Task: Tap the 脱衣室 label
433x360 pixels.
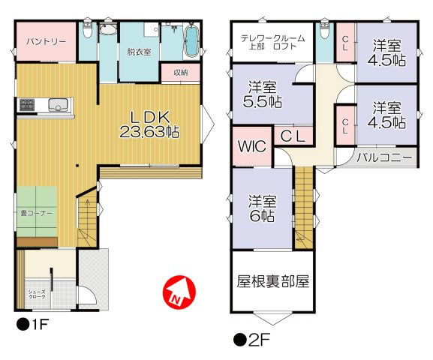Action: pyautogui.click(x=139, y=52)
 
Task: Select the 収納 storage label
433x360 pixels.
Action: pyautogui.click(x=181, y=73)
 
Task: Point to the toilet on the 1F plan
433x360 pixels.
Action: pyautogui.click(x=88, y=31)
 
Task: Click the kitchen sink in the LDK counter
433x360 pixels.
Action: pyautogui.click(x=57, y=103)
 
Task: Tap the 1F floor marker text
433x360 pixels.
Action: pyautogui.click(x=35, y=325)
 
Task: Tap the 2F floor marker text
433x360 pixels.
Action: pyautogui.click(x=251, y=338)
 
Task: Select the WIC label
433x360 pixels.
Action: pyautogui.click(x=252, y=146)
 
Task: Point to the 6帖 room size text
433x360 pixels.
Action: pyautogui.click(x=262, y=217)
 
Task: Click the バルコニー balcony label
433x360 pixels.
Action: pyautogui.click(x=383, y=158)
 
